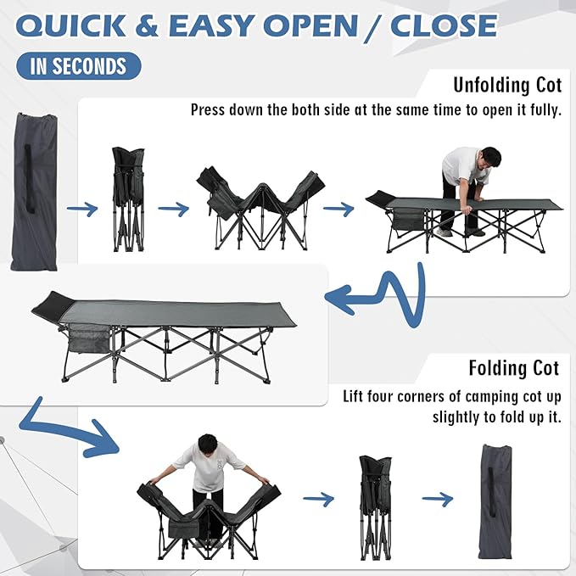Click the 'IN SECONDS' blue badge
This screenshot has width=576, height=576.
pos(78,66)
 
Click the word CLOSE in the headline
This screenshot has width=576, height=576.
pos(444,25)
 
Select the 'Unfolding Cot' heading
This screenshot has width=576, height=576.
pos(507,85)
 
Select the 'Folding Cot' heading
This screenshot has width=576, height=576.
pos(514,368)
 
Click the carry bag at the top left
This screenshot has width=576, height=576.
pos(34,192)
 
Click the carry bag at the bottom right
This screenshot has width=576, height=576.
pos(495,502)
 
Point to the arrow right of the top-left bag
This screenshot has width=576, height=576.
pos(82,209)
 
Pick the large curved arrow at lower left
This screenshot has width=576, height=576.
pos(69,428)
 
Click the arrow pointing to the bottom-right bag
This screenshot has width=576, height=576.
pos(438,499)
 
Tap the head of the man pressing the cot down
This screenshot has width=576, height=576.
pos(490,158)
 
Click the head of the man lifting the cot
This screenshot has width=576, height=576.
pos(207,445)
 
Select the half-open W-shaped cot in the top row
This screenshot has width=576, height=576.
pos(260,210)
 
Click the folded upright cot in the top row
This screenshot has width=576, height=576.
pos(128,199)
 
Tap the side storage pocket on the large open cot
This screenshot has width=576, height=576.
pos(89,338)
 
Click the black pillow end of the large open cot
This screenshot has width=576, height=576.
pos(53,305)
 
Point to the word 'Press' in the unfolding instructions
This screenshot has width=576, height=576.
pos(208,109)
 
